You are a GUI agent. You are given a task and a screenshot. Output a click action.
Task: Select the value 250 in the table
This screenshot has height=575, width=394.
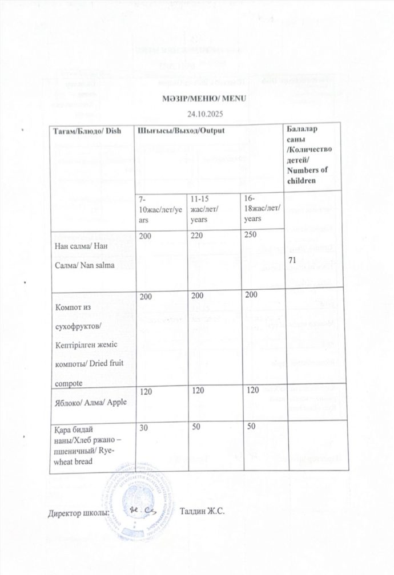coord(251,234)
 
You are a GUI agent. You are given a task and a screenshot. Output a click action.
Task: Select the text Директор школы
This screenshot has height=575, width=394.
coord(78,510)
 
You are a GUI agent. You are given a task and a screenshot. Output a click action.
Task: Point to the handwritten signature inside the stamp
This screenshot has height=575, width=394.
coord(139,509)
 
